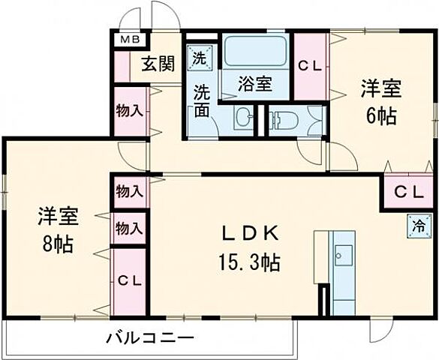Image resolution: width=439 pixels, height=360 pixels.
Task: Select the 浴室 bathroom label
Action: click(255, 84)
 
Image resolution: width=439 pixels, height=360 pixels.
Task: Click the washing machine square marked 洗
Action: click(200, 56)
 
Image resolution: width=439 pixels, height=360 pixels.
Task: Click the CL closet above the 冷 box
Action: click(410, 192)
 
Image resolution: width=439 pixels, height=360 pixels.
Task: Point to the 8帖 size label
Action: click(58, 244)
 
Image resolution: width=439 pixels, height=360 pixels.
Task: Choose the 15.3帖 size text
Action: click(249, 263)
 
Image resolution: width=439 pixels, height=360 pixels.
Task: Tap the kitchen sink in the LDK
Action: click(344, 257)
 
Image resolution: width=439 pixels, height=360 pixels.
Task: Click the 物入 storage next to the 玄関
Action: click(130, 111)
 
